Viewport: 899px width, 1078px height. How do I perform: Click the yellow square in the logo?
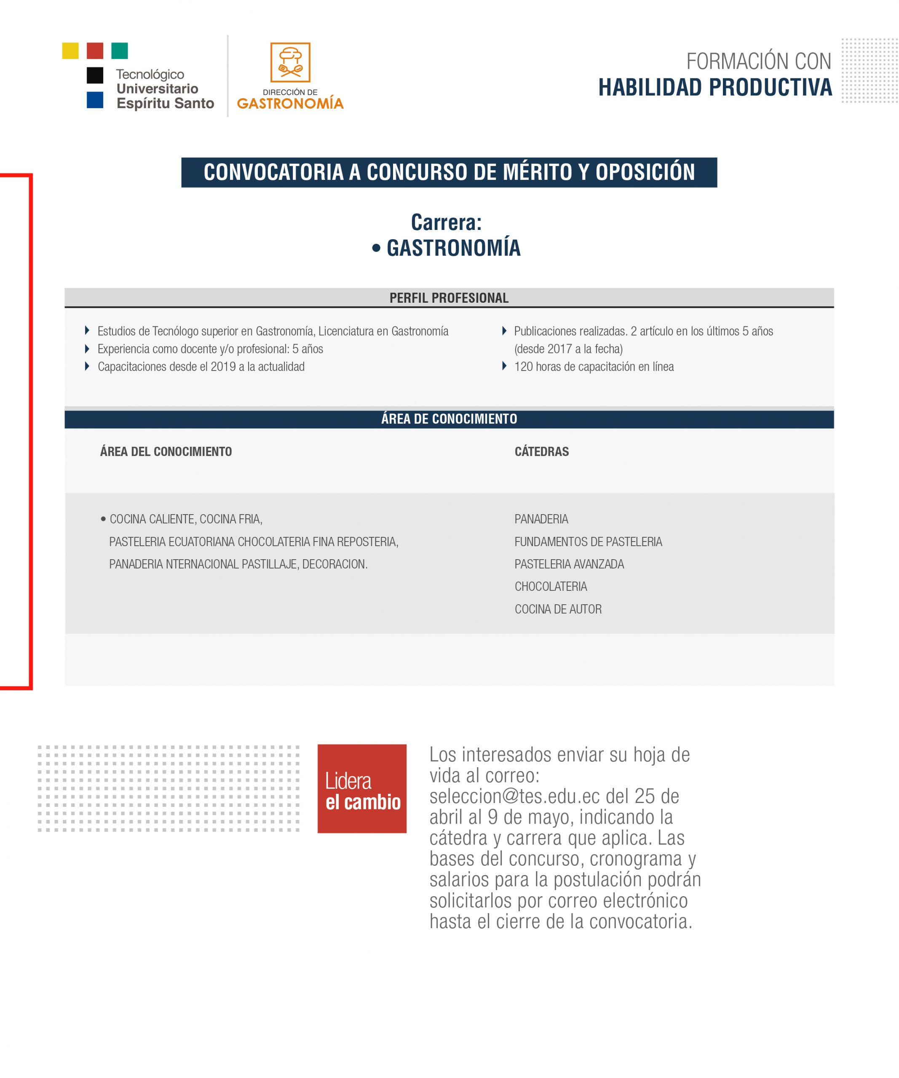70,51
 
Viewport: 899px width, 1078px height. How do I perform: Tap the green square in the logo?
120,51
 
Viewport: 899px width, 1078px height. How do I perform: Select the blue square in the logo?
95,100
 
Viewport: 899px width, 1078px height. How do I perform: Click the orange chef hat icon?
290,62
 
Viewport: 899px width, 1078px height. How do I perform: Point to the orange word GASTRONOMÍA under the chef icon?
290,103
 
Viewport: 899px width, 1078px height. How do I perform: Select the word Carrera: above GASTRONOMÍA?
446,222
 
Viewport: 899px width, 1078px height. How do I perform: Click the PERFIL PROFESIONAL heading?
449,298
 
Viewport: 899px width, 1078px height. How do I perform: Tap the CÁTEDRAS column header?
542,452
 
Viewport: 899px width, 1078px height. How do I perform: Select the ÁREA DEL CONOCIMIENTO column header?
166,452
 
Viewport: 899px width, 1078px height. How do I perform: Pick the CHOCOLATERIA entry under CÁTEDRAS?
550,586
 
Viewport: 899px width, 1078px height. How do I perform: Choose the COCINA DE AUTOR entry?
558,609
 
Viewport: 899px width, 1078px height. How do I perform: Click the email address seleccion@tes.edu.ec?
514,796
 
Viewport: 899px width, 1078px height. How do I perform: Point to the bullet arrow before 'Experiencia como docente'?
87,349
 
